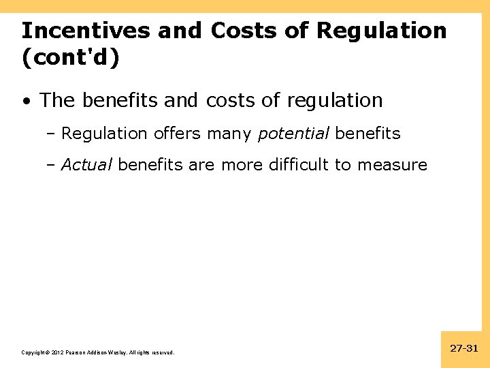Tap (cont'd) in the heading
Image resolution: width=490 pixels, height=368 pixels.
tap(70, 58)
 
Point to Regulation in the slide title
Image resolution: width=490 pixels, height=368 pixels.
tap(382, 31)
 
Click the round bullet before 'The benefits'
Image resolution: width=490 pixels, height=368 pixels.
tap(26, 101)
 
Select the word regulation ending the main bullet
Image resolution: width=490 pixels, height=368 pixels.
tap(335, 102)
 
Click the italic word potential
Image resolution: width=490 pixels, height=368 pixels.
tap(293, 134)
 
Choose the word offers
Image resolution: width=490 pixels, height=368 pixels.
tap(178, 134)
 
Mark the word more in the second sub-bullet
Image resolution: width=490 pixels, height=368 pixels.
tap(244, 165)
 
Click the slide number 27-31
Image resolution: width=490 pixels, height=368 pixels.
tap(464, 348)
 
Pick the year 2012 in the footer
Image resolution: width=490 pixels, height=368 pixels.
tap(56, 352)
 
